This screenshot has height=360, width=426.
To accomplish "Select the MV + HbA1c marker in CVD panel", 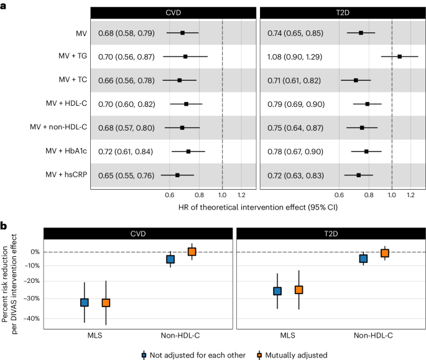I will click(188, 151).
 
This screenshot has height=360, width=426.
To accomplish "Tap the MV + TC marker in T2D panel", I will click(356, 80).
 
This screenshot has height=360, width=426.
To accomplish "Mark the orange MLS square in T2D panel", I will click(299, 290).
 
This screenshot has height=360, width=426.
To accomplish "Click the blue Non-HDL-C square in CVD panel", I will click(170, 259).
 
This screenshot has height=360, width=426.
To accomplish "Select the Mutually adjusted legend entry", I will click(292, 355).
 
